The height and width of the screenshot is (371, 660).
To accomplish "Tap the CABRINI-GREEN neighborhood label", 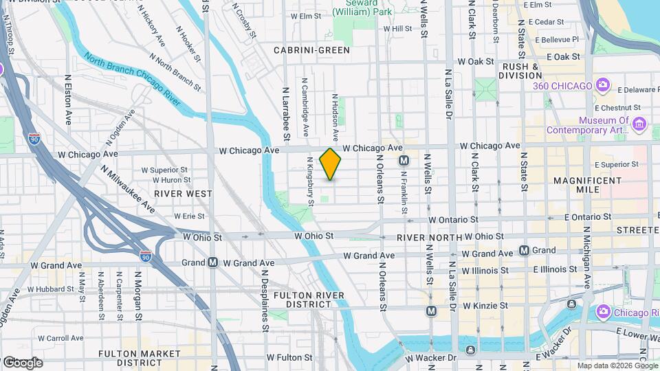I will click(311, 50).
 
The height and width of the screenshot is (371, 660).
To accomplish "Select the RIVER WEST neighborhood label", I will click(183, 194).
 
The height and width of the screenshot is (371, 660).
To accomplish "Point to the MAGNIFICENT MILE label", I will click(585, 185).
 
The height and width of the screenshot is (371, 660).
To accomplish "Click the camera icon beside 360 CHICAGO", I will click(603, 85).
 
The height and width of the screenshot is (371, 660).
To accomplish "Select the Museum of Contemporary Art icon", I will click(639, 124).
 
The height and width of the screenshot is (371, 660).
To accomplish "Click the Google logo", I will click(23, 362).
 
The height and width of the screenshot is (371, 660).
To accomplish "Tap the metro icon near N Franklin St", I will click(405, 160).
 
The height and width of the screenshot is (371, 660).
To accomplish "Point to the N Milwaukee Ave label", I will click(128, 189).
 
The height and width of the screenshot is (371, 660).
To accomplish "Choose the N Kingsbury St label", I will click(311, 181).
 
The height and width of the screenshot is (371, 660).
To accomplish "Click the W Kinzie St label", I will click(485, 305).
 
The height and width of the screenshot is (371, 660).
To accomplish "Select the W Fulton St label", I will click(289, 357).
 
